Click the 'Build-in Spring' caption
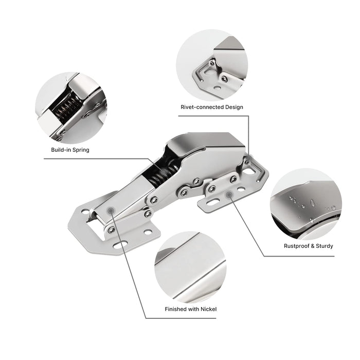[70, 150]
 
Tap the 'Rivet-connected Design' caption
[212, 107]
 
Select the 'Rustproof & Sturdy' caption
[309, 246]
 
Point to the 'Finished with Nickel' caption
[191, 309]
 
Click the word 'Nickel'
[208, 309]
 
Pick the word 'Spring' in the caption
[81, 150]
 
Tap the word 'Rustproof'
[296, 246]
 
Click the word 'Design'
[234, 107]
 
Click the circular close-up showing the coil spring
[71, 108]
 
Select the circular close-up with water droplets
[306, 204]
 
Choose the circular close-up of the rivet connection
[212, 65]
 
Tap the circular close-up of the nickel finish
[191, 267]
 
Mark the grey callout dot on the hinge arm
[111, 210]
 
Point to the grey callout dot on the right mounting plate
[229, 195]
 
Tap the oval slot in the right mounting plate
[212, 203]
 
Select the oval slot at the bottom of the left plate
[120, 245]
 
